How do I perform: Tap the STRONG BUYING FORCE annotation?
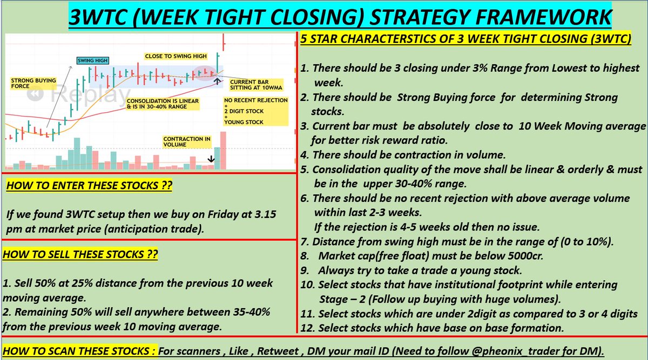pos(33,83)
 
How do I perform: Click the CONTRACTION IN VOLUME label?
pos(187,142)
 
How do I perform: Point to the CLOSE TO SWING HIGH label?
pos(175,56)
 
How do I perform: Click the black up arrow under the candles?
pos(217,81)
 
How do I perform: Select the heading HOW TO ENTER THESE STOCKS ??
pos(89,186)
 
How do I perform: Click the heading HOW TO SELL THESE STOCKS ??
pos(80,254)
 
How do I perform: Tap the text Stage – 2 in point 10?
pos(341,299)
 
